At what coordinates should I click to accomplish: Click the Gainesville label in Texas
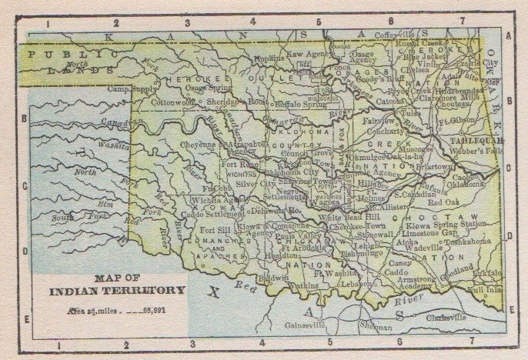[x=282, y=325]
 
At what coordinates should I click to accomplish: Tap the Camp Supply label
[x=132, y=89]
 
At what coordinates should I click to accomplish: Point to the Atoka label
[x=406, y=241]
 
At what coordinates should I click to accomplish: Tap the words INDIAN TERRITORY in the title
[x=117, y=291]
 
